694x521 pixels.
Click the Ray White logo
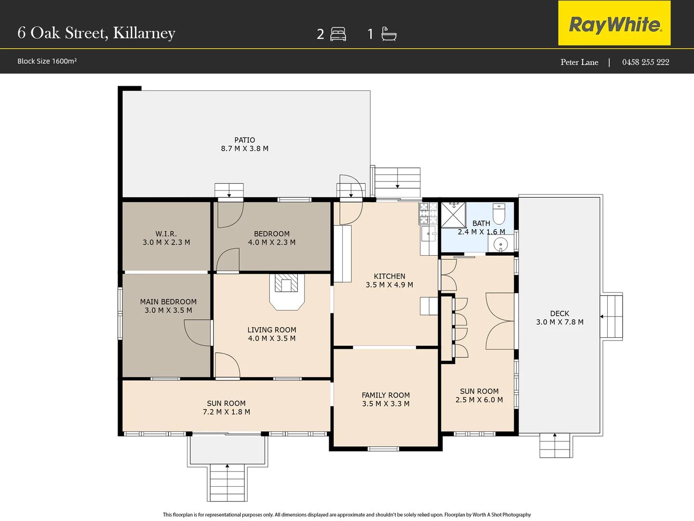click(614, 24)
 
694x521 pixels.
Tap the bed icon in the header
click(338, 34)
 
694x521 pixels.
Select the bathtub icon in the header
click(389, 34)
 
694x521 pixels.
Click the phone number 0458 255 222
click(645, 62)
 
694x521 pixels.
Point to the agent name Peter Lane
click(579, 62)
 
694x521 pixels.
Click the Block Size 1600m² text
click(47, 61)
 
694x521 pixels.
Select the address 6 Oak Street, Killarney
click(96, 33)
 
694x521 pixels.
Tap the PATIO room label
click(245, 140)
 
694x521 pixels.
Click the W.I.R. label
click(166, 233)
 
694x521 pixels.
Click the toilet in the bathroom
click(499, 214)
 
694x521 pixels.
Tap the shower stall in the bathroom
click(454, 215)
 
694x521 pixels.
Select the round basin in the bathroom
click(500, 245)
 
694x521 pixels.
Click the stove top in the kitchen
click(428, 213)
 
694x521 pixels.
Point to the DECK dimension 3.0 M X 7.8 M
click(560, 322)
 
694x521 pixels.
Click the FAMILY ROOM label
click(386, 395)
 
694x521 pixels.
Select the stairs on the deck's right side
click(611, 316)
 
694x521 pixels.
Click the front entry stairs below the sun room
click(227, 482)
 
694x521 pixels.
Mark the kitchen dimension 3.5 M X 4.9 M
click(389, 285)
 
